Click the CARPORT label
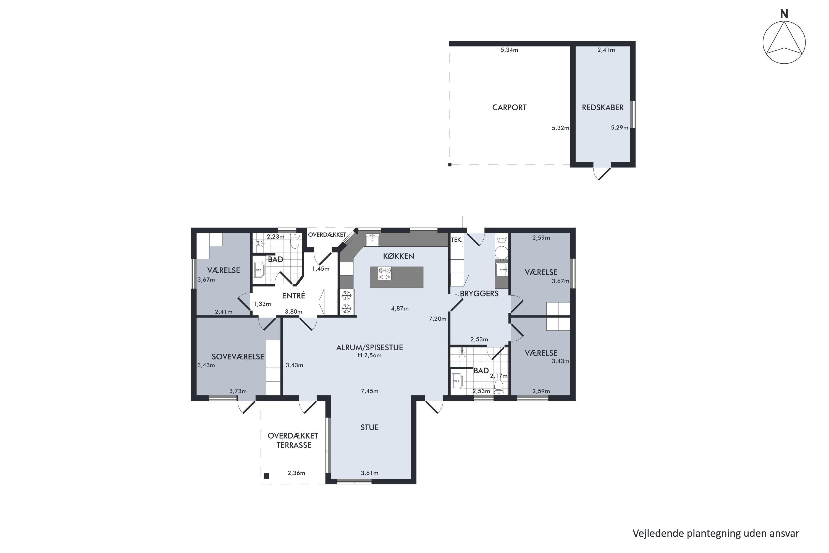(509, 108)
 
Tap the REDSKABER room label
(603, 108)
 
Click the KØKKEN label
(399, 256)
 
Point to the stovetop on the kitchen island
(384, 274)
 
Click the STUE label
(369, 427)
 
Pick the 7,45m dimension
(370, 391)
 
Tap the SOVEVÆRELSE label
(238, 357)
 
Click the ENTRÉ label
(293, 296)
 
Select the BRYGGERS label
(479, 293)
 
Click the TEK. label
(457, 240)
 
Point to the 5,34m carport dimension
(509, 50)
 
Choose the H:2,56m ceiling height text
(370, 356)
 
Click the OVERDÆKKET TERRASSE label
(293, 440)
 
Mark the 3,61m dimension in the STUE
(370, 473)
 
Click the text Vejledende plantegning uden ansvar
(716, 534)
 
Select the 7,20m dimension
(438, 319)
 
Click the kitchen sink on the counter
(372, 239)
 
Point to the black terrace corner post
(266, 476)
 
